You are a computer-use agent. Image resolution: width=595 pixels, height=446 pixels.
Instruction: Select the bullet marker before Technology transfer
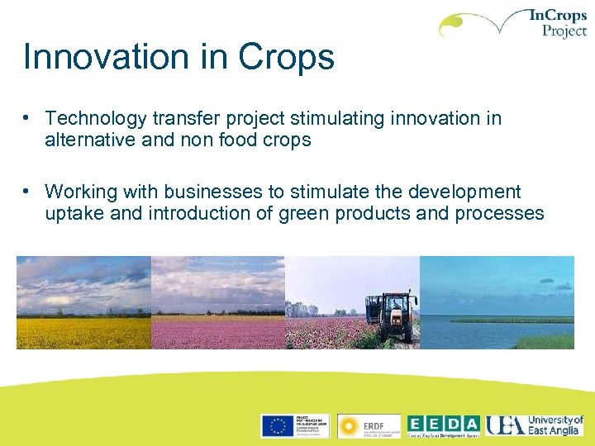point(28,117)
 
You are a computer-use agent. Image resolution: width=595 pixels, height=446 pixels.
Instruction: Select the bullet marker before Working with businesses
point(28,191)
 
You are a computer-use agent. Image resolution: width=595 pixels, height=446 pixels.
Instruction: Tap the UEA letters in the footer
point(504,425)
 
